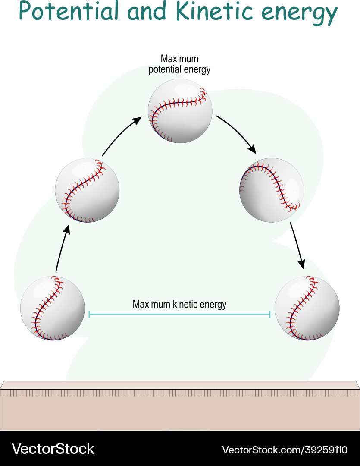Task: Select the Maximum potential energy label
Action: point(179,64)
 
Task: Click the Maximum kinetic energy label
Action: point(179,304)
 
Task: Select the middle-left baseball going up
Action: point(87,190)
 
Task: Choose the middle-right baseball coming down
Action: point(271,190)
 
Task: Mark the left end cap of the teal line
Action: point(89,314)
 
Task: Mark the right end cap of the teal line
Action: point(270,314)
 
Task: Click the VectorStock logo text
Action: point(53,449)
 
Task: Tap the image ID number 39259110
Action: point(318,450)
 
